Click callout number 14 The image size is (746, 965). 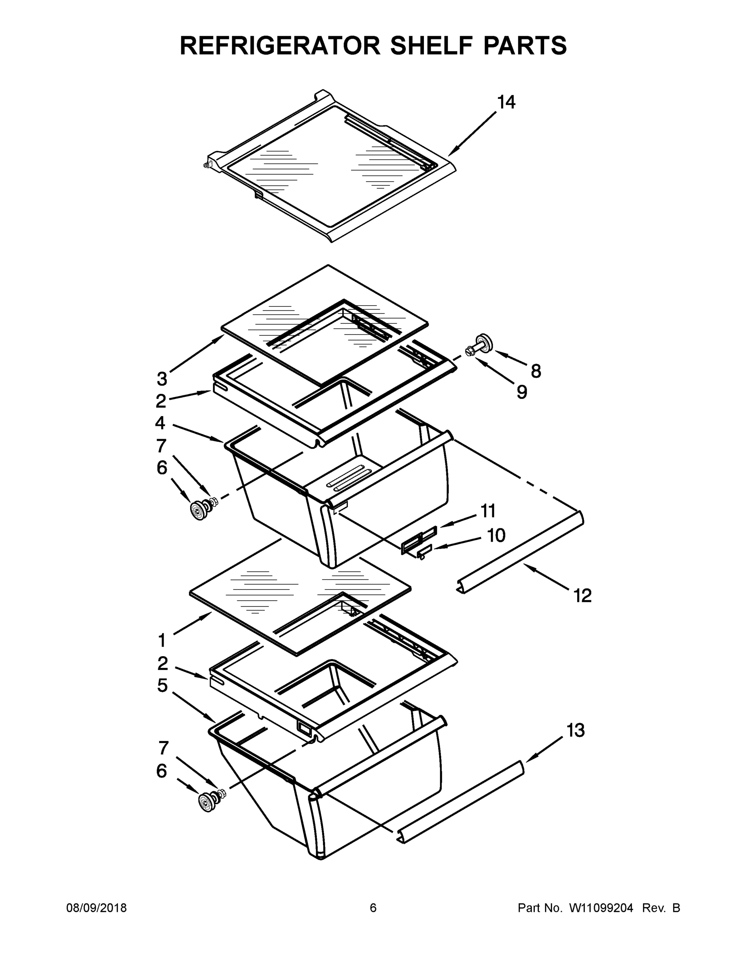506,103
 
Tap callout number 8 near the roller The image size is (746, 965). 536,371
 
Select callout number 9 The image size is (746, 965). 522,392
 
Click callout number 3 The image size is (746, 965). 162,379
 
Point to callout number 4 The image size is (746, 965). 160,423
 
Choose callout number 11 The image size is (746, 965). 488,511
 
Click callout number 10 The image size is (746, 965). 496,536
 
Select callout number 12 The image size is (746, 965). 582,596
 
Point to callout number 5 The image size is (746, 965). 162,685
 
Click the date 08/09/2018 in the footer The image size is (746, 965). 97,908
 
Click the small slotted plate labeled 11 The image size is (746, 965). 419,540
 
